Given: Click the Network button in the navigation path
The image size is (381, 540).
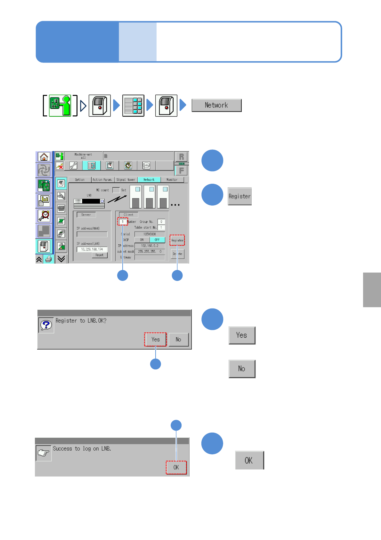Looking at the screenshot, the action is click(216, 105).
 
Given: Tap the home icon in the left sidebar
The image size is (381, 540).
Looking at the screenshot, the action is click(44, 157).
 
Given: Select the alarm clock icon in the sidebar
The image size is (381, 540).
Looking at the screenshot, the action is click(44, 216).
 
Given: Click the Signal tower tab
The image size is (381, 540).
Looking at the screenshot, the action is click(126, 180).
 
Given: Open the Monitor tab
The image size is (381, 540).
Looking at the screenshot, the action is click(172, 180).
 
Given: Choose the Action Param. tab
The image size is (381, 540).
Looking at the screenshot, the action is click(102, 180).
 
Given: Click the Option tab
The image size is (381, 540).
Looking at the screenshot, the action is click(80, 180).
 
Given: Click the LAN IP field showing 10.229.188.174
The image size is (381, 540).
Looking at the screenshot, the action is click(92, 249).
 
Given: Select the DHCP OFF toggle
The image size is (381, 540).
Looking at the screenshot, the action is click(157, 240).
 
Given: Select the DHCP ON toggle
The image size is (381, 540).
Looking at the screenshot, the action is click(142, 240).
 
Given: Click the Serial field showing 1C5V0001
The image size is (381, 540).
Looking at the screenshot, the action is click(150, 234).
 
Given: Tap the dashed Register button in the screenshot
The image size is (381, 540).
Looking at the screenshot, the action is click(177, 240).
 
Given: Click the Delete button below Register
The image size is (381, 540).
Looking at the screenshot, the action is click(177, 254).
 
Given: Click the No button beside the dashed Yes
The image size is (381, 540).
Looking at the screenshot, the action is click(178, 340).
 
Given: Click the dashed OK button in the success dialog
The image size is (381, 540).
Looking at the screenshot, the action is click(176, 468).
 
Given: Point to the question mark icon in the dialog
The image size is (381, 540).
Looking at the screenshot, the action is click(46, 325).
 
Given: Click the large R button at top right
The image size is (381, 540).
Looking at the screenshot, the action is click(182, 157).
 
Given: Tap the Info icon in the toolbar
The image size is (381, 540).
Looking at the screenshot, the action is click(146, 165).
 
